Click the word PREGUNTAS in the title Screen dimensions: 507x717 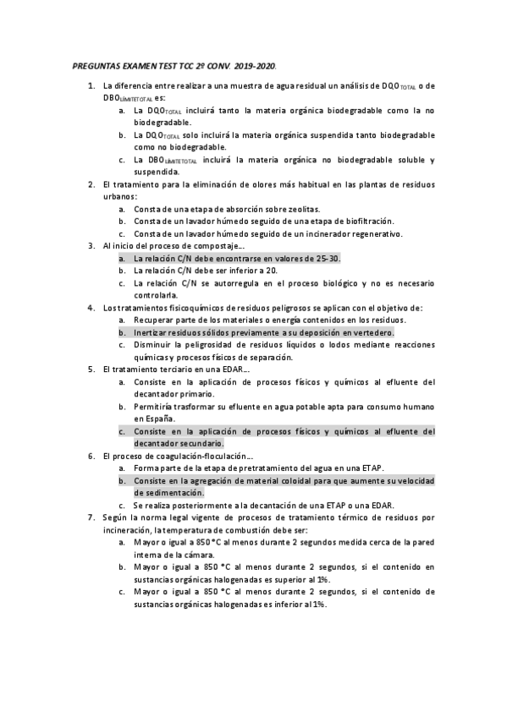(91, 65)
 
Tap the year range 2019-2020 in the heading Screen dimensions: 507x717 (256, 65)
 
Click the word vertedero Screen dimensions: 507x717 (371, 333)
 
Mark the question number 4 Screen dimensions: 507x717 (91, 308)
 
